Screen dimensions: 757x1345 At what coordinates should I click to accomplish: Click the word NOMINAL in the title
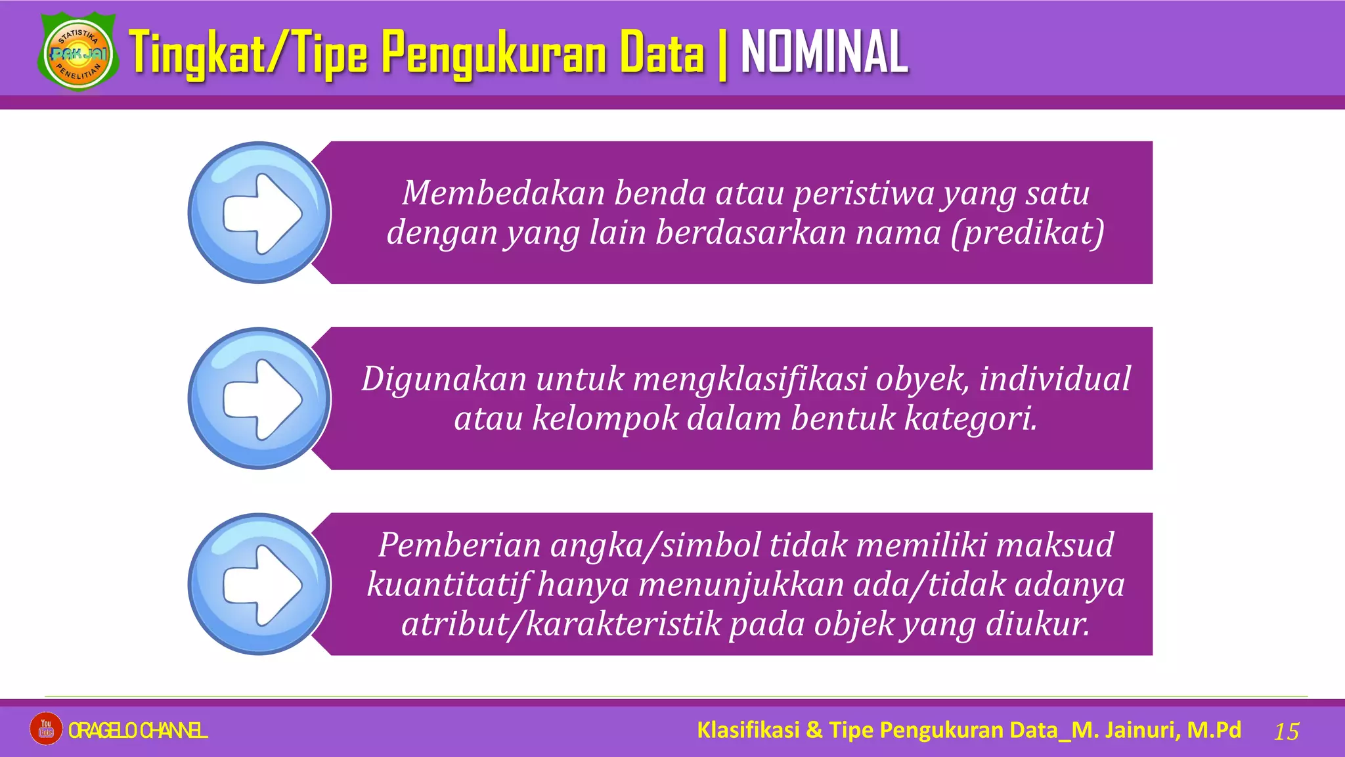824,53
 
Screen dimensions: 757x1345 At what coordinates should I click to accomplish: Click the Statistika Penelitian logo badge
79,54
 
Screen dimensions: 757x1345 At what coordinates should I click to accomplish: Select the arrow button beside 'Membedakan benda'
259,213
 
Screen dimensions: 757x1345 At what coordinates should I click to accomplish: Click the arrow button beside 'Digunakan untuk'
259,399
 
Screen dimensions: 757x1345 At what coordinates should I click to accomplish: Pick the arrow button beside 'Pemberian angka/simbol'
259,584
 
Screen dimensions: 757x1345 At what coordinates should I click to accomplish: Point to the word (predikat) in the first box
1028,233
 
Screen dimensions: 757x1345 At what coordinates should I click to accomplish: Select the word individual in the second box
1055,379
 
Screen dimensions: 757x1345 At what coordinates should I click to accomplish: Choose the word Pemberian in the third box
459,545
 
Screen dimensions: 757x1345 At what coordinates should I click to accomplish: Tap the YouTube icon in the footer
46,729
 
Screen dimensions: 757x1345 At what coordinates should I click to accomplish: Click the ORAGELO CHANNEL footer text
138,730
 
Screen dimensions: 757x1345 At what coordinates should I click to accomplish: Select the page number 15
1287,731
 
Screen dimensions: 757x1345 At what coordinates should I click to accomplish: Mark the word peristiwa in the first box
862,193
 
